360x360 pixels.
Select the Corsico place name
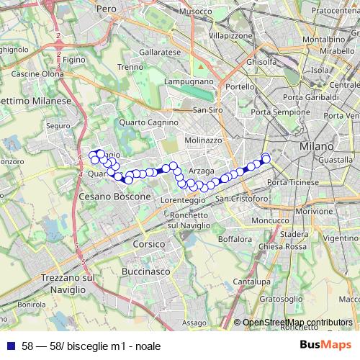click(150, 245)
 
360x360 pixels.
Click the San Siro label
click(208, 110)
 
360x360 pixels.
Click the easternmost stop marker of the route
click(266, 158)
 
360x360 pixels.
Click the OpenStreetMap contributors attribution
click(297, 323)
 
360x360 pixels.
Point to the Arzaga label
click(202, 171)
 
